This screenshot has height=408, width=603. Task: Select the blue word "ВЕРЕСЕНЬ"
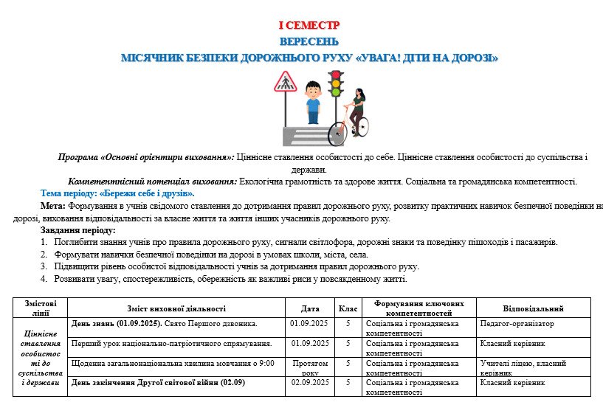coord(309,41)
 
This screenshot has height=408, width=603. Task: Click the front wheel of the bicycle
coord(338,133)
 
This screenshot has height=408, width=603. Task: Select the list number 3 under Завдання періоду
coord(44,266)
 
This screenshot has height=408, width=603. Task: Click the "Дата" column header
coord(311,308)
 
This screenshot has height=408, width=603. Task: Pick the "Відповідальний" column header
coord(533,308)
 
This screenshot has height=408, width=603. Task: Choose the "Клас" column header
coord(347,308)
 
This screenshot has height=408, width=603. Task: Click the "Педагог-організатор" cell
coord(517,323)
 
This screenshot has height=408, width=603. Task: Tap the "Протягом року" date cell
coord(310,367)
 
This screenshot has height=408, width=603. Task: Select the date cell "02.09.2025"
coord(310,383)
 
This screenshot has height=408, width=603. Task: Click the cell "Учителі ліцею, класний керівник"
coord(523,367)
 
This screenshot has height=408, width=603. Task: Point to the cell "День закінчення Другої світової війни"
coord(158,383)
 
